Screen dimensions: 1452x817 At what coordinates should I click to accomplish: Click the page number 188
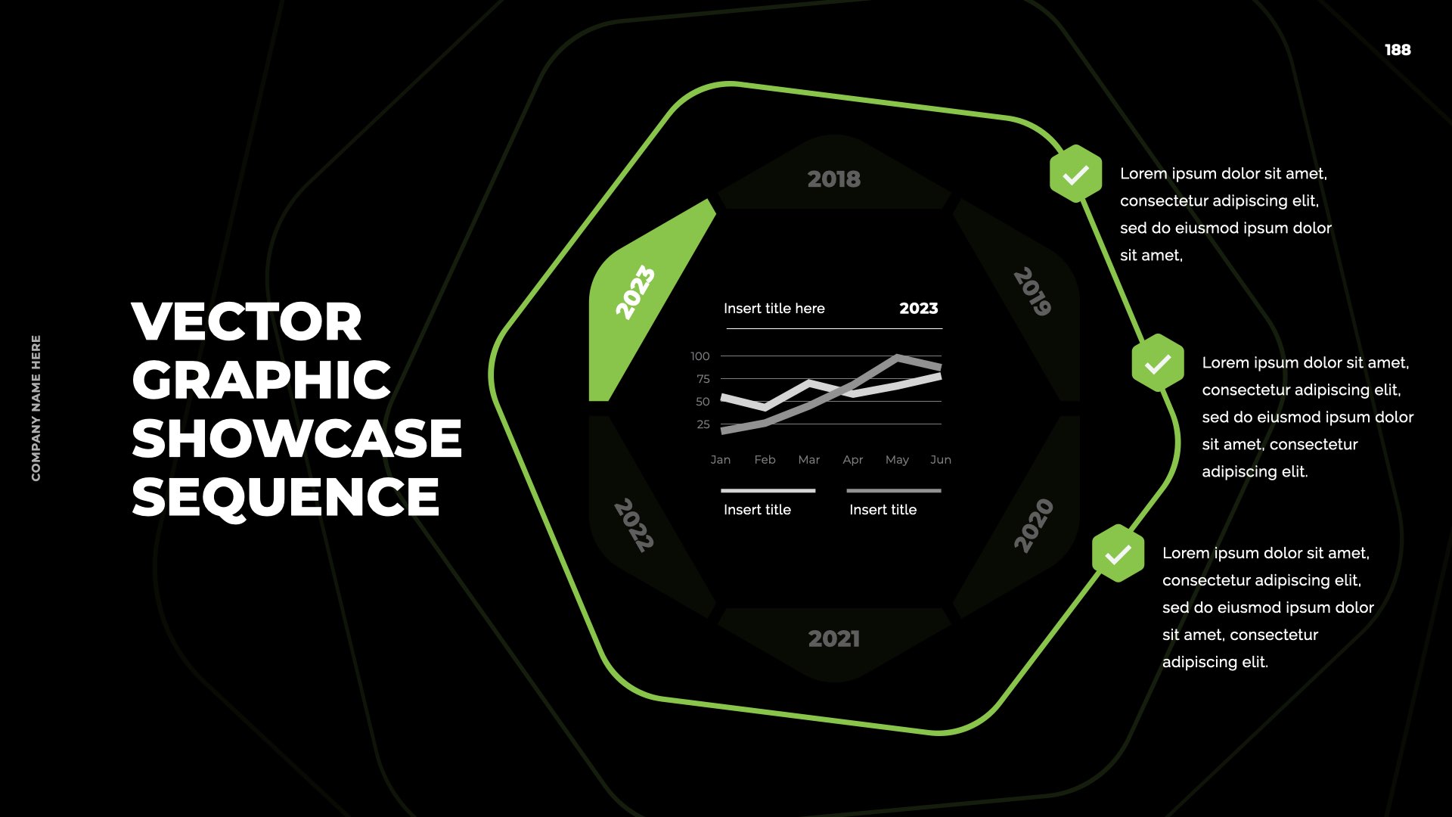tap(1398, 50)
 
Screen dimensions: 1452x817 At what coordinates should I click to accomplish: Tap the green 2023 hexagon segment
tap(643, 303)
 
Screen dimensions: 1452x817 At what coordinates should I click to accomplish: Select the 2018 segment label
tap(834, 179)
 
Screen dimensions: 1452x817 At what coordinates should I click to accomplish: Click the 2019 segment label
tap(1033, 291)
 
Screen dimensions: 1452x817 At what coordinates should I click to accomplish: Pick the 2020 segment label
tap(1033, 526)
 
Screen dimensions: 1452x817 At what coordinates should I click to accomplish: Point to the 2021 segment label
tap(834, 639)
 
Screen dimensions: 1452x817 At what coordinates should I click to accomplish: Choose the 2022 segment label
tap(634, 525)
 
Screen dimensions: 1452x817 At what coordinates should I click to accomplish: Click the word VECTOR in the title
tap(247, 322)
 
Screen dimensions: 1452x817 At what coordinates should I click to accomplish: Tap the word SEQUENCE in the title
tap(286, 497)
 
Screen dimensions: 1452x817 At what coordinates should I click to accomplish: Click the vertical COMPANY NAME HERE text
tap(36, 408)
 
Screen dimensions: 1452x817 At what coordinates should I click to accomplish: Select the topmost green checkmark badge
tap(1075, 174)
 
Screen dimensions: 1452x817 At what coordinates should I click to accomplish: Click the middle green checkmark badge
tap(1158, 363)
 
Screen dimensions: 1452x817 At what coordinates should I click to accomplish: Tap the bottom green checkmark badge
tap(1118, 554)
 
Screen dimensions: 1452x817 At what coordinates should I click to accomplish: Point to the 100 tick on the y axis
tap(700, 356)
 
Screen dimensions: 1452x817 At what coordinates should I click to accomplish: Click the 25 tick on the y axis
tap(703, 424)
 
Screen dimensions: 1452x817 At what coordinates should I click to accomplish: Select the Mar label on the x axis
tap(808, 460)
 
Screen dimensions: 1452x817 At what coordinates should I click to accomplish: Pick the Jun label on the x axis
tap(941, 460)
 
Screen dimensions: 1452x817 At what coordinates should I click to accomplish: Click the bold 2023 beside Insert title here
tap(919, 309)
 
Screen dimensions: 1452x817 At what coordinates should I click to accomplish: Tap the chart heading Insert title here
tap(774, 309)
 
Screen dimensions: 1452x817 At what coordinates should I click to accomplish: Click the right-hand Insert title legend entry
tap(883, 510)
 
